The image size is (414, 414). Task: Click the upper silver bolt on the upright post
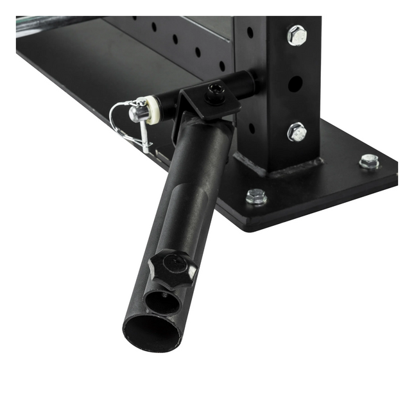point(297,35)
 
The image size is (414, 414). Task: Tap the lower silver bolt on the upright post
point(297,132)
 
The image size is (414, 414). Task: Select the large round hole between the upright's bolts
point(295,83)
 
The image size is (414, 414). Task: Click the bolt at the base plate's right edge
point(368,161)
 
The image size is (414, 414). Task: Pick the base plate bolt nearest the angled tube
point(256,196)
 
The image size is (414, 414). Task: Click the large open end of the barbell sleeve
point(152,331)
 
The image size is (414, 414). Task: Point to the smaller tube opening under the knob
point(160,300)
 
